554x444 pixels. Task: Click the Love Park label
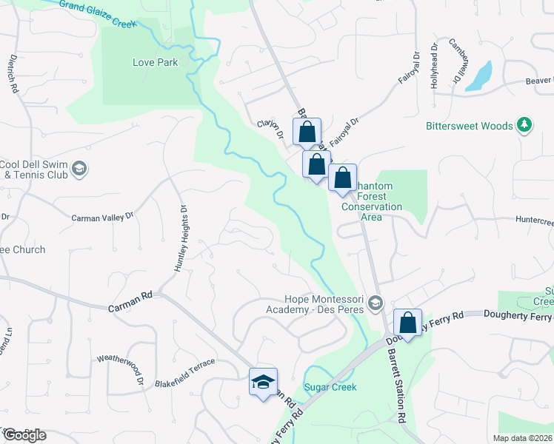coord(156,63)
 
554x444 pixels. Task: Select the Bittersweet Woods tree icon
coord(524,125)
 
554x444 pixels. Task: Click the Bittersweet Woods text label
coord(470,126)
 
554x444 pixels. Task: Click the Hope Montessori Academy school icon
coord(376,303)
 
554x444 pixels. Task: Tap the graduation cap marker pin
coord(263,383)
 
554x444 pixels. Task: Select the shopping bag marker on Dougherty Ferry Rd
coord(407,323)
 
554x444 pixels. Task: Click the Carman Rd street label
coord(130,295)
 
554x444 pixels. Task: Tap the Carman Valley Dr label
coord(102,218)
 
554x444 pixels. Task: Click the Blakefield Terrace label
coord(184,363)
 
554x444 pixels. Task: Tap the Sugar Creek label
coord(330,387)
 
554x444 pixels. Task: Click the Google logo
coord(24,435)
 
